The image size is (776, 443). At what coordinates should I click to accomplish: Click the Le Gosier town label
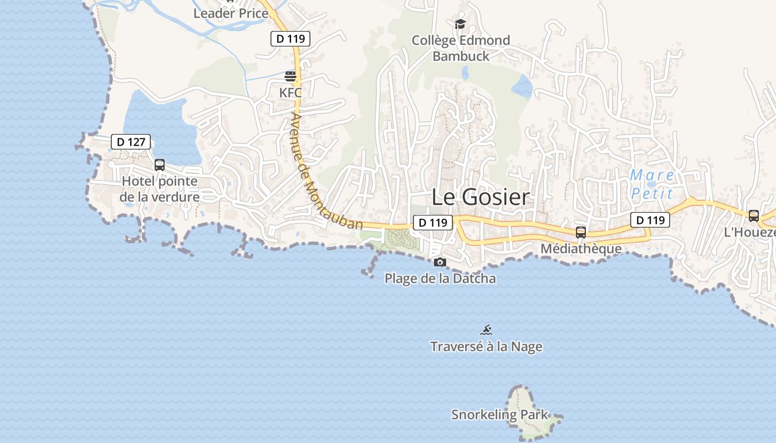[481, 197]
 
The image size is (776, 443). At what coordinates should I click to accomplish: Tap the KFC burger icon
[290, 76]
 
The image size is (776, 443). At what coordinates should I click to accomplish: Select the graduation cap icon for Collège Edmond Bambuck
[460, 24]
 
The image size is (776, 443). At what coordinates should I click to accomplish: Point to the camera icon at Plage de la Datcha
[440, 262]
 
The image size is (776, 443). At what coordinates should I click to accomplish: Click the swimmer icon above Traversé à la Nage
[486, 331]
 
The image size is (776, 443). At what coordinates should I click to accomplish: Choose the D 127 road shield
[131, 142]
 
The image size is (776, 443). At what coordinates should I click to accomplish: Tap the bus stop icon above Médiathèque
[580, 233]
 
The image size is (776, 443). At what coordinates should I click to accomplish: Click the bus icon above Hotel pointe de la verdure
[160, 164]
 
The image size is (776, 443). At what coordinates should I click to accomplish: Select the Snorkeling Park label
[499, 415]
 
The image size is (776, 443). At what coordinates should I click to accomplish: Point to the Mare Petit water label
[652, 184]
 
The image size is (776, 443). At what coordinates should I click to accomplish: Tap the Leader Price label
[231, 13]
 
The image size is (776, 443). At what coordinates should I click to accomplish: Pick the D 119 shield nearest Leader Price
[290, 39]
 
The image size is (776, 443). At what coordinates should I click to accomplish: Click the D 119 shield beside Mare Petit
[650, 220]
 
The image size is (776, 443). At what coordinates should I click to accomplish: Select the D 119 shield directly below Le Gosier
[433, 223]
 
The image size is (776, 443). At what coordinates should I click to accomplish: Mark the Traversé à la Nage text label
[486, 347]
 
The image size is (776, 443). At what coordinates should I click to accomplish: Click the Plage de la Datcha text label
[440, 278]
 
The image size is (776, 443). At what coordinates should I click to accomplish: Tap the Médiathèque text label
[581, 249]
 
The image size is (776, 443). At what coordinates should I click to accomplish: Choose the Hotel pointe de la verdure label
[160, 189]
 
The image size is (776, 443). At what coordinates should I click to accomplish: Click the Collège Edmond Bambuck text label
[461, 48]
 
